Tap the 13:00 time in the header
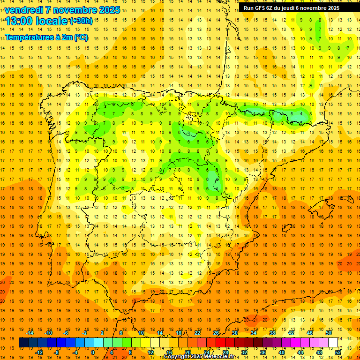tap(19, 21)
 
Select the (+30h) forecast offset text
tap(81, 21)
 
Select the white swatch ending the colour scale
tap(333, 343)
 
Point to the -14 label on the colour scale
tap(30, 333)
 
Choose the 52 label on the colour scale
tap(338, 352)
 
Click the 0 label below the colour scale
tap(92, 352)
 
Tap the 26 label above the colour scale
tap(216, 333)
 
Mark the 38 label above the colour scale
tap(272, 333)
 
